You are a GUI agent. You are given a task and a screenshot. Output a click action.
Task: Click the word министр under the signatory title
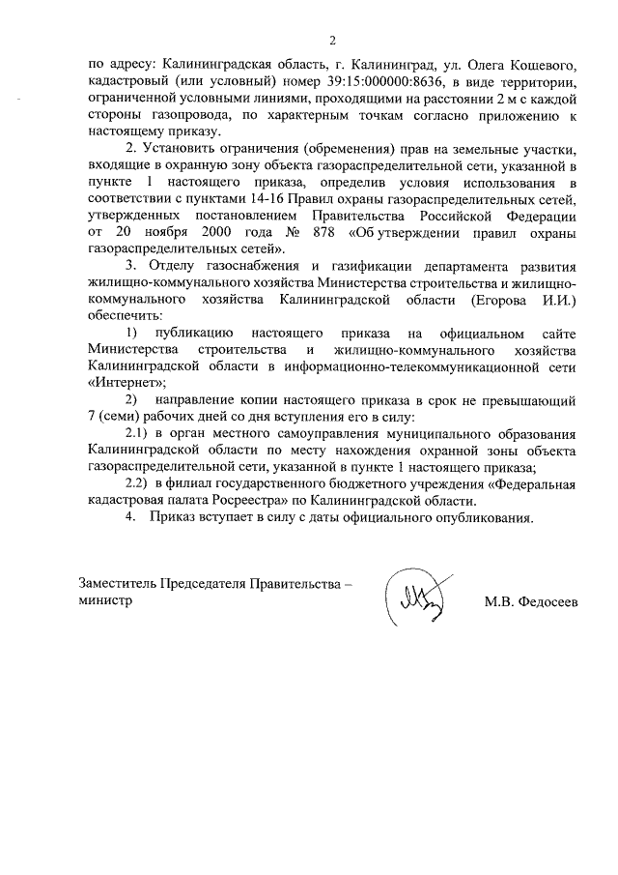106,600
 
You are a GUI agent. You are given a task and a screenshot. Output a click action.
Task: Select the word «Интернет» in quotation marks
119,383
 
